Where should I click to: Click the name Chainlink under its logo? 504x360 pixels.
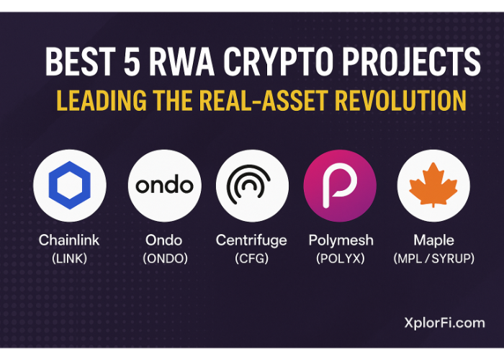click(69, 240)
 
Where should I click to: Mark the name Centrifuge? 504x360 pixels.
click(251, 240)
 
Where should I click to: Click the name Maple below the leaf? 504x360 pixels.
click(433, 240)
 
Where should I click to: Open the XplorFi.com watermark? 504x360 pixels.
click(445, 323)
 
